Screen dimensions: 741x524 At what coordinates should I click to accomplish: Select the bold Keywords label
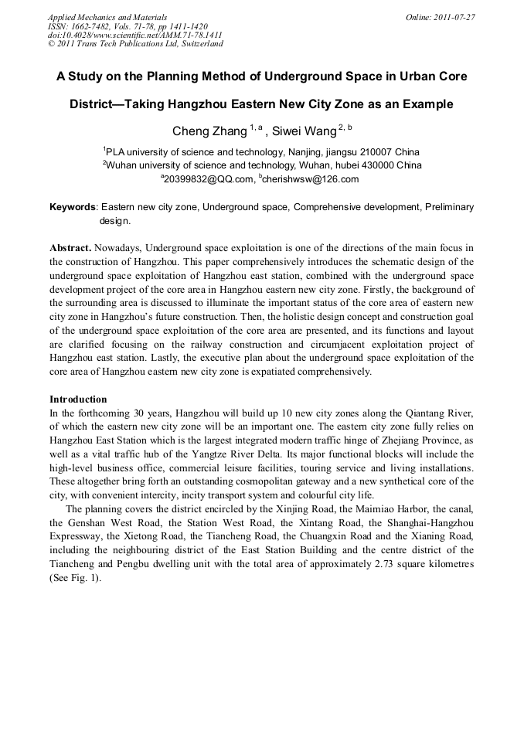coord(73,207)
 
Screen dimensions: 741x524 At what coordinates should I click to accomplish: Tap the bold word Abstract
coord(70,248)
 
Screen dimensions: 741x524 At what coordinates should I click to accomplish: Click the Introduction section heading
coord(78,399)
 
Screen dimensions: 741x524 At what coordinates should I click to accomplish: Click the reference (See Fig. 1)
coord(75,578)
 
